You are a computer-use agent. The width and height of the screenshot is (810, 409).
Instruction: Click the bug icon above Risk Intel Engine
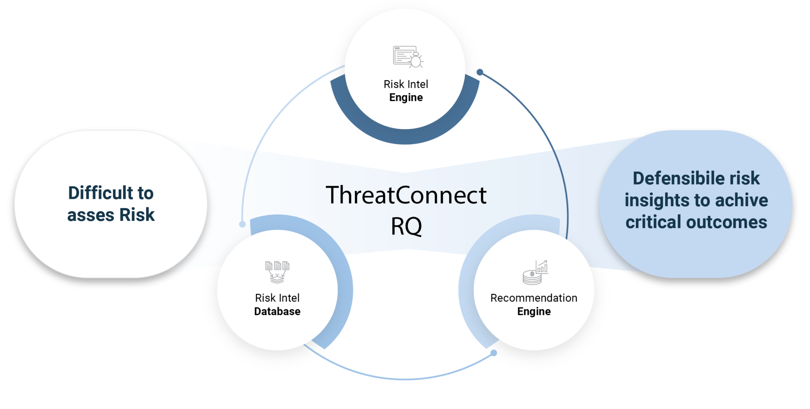pyautogui.click(x=408, y=57)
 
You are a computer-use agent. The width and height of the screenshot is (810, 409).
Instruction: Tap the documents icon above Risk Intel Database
pyautogui.click(x=277, y=272)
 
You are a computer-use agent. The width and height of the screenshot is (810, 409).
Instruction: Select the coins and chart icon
pyautogui.click(x=535, y=272)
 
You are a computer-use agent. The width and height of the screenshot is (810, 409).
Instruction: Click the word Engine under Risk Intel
pyautogui.click(x=406, y=98)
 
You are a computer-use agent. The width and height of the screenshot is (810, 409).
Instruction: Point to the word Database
pyautogui.click(x=277, y=311)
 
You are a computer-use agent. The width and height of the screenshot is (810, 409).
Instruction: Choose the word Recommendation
pyautogui.click(x=534, y=298)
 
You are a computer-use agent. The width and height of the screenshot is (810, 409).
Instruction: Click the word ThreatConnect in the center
pyautogui.click(x=406, y=195)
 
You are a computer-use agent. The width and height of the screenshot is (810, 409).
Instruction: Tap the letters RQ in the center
pyautogui.click(x=406, y=226)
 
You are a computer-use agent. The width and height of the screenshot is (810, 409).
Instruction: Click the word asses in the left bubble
pyautogui.click(x=91, y=215)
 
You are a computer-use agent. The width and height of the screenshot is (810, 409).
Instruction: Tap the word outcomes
pyautogui.click(x=727, y=222)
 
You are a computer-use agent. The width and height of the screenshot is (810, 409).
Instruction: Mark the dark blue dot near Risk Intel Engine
pyautogui.click(x=480, y=72)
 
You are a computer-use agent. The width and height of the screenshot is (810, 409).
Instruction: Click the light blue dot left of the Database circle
pyautogui.click(x=242, y=224)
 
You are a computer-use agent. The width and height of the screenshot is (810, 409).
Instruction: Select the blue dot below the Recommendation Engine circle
pyautogui.click(x=494, y=353)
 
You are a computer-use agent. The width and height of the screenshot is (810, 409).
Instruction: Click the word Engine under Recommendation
pyautogui.click(x=534, y=311)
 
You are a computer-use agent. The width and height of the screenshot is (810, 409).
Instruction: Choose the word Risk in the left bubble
pyautogui.click(x=137, y=215)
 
